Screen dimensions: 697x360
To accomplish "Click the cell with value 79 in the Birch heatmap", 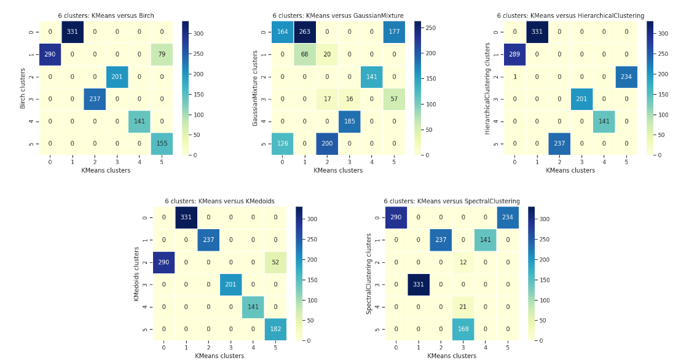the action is pos(162,54).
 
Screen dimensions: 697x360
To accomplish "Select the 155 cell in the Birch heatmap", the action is pos(162,144).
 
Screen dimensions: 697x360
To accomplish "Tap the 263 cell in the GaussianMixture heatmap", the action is pos(304,32).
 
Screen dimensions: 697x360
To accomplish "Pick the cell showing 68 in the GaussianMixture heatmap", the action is pos(304,54).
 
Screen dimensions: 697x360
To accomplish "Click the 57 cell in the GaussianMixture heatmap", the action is pos(394,99).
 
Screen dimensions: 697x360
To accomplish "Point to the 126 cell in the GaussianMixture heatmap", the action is pos(282,144).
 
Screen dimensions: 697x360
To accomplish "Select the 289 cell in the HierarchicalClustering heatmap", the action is pos(514,54).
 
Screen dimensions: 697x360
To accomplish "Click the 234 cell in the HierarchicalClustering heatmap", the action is pos(626,76).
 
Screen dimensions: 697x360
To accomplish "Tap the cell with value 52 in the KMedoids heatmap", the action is pos(275,262).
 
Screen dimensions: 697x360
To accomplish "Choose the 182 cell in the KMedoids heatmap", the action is pos(275,329).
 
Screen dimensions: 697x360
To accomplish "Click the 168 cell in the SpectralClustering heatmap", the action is pos(463,329).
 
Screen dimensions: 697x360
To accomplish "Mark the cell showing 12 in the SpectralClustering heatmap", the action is pos(463,262).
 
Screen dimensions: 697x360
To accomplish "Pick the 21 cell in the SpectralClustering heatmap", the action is pos(463,307).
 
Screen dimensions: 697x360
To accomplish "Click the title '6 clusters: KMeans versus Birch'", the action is pos(106,15).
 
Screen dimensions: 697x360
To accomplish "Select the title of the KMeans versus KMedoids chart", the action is pos(219,201).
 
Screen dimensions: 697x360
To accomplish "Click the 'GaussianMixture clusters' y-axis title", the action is pos(255,88).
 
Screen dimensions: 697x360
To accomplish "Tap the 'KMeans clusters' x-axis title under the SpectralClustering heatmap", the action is pos(452,356).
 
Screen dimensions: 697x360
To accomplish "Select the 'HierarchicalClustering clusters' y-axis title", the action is pos(487,88).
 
